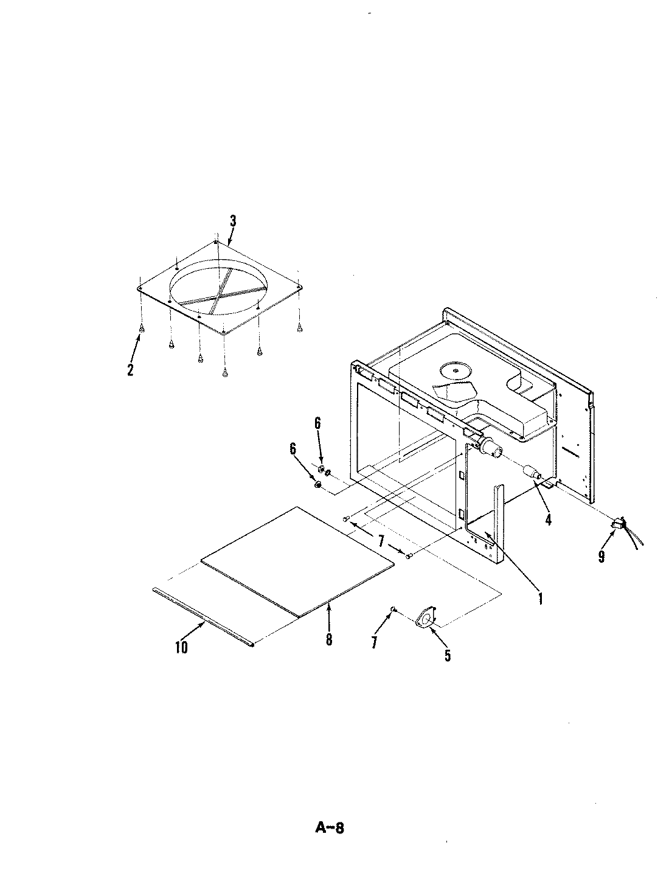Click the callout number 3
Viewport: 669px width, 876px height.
pos(232,221)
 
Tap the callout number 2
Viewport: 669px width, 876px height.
pos(130,369)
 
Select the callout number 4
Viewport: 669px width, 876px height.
pos(548,520)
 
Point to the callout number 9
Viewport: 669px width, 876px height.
pos(601,557)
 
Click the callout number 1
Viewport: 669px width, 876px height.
pos(539,599)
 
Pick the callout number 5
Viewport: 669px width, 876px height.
pos(448,655)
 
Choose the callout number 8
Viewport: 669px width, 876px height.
pos(328,640)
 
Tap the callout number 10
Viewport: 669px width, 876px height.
pos(181,647)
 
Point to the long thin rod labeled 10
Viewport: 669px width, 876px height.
pos(201,614)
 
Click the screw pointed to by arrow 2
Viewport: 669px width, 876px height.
pos(142,328)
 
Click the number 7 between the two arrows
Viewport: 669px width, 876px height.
pos(381,540)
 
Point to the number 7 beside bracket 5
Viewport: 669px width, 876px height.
pos(374,641)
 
